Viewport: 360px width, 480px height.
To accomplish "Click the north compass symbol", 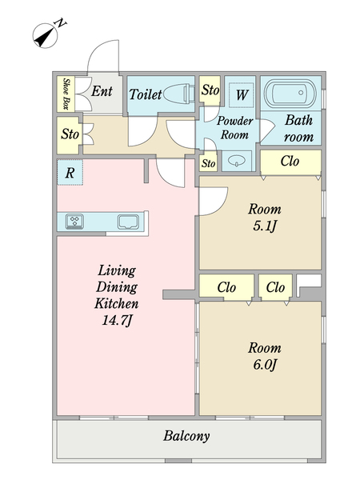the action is point(46,36).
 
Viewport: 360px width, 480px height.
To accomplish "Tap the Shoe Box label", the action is point(66,94).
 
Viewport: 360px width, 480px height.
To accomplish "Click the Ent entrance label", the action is point(102,91).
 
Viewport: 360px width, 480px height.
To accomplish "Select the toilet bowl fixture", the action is point(179,93).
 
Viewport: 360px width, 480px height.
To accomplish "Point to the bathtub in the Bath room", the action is point(290,93).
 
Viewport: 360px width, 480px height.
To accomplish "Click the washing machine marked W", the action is point(242,94).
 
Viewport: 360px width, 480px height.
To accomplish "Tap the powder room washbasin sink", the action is point(238,161).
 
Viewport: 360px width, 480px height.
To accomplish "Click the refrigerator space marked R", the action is point(70,172).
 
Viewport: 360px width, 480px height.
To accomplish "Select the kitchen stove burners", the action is point(74,222).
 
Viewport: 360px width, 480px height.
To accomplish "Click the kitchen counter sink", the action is point(129,222).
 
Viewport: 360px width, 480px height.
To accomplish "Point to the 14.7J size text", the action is point(117,320).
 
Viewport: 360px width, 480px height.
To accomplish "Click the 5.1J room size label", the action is point(265,226).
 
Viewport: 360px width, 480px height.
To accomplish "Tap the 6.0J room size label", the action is point(265,365).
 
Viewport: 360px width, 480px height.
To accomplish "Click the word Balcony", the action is point(186,436).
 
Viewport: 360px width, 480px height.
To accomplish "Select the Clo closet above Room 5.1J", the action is point(290,162).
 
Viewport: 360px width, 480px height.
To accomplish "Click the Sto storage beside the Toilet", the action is point(210,89).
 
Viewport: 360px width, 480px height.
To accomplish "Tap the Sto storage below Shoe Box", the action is point(70,135).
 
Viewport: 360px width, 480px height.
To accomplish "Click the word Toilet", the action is point(145,94).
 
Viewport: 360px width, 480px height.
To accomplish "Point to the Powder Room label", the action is point(234,128).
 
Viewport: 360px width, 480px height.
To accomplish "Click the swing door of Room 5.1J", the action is point(214,201).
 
